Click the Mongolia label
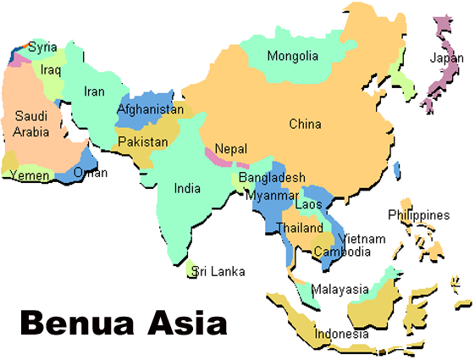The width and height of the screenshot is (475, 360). coord(293,57)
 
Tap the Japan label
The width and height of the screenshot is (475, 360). coord(447,58)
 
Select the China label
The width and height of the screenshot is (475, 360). coord(305,125)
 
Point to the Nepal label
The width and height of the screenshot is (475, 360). coord(230,148)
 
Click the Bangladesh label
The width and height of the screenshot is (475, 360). coord(271,178)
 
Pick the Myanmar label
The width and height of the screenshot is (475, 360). coord(268,196)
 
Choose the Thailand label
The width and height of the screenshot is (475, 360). coord(300,229)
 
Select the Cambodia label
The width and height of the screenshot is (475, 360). coord(342,252)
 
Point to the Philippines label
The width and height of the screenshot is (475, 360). coord(419,215)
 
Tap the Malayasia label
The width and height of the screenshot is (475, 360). coord(340,290)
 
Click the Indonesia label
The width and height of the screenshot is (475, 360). coord(342,334)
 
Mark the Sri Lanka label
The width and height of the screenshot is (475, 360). coord(218,272)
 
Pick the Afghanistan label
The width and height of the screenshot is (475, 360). coord(150,110)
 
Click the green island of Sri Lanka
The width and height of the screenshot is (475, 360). coord(191,269)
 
